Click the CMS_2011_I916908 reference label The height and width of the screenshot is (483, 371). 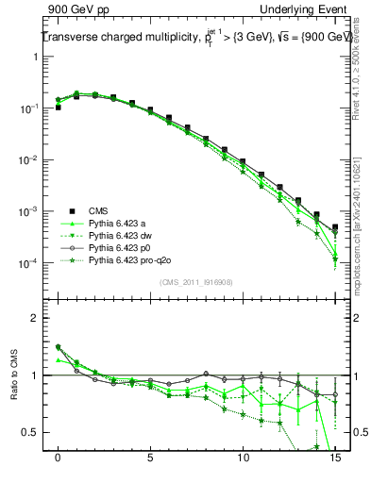coord(195,282)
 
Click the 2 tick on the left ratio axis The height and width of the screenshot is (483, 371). coord(35,318)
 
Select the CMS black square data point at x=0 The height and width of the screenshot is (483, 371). coord(59,108)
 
